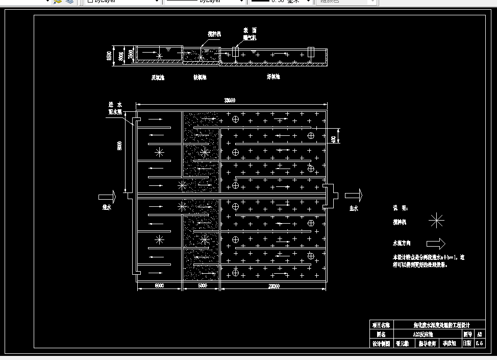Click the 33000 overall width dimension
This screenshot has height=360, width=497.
(230, 101)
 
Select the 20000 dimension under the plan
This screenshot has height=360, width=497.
(274, 286)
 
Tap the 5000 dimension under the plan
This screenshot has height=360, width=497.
(202, 286)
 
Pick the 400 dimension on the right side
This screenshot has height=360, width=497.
(334, 139)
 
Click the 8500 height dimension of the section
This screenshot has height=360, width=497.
(109, 56)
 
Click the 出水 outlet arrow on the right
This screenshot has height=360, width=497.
(354, 196)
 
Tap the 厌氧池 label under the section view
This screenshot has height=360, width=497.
(158, 78)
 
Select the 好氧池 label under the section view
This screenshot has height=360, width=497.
(274, 77)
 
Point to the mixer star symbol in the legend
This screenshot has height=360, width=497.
(436, 221)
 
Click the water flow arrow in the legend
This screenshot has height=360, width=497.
(435, 244)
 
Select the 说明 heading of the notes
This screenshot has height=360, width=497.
(400, 208)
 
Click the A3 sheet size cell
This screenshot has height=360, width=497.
(479, 334)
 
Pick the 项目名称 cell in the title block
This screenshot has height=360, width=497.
(381, 325)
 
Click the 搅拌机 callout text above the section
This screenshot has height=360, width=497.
(214, 34)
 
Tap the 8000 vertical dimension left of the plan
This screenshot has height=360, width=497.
(120, 146)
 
